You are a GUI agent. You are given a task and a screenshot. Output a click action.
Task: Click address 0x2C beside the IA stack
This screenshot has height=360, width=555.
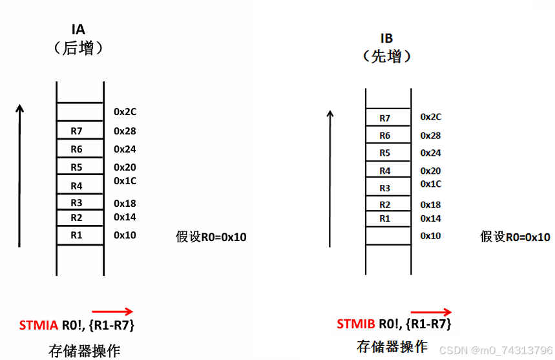pyautogui.click(x=125, y=112)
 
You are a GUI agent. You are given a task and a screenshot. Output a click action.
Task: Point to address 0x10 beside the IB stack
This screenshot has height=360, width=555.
pyautogui.click(x=430, y=236)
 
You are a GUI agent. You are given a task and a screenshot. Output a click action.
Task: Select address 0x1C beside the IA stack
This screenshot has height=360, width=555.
pyautogui.click(x=125, y=181)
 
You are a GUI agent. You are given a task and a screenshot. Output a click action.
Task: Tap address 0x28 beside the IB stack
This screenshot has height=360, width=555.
pyautogui.click(x=430, y=136)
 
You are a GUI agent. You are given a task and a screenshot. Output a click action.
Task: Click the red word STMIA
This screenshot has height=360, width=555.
pyautogui.click(x=39, y=324)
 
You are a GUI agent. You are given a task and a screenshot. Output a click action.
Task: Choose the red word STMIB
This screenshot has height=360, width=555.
pyautogui.click(x=357, y=324)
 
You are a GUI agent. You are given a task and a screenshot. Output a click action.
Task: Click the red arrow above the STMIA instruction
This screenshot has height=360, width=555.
pyautogui.click(x=112, y=311)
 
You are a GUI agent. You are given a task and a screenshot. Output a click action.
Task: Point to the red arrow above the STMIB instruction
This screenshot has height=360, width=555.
pyautogui.click(x=431, y=311)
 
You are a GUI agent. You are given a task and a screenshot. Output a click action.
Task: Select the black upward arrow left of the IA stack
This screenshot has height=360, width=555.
pyautogui.click(x=20, y=175)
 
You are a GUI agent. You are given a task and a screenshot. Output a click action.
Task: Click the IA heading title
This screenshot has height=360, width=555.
pyautogui.click(x=79, y=29)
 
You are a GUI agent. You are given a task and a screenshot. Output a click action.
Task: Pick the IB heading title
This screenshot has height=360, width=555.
pyautogui.click(x=386, y=38)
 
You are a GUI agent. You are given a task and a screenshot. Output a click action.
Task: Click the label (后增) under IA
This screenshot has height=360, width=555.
pyautogui.click(x=79, y=48)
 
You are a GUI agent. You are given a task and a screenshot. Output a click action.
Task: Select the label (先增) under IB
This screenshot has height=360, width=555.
pyautogui.click(x=386, y=56)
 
